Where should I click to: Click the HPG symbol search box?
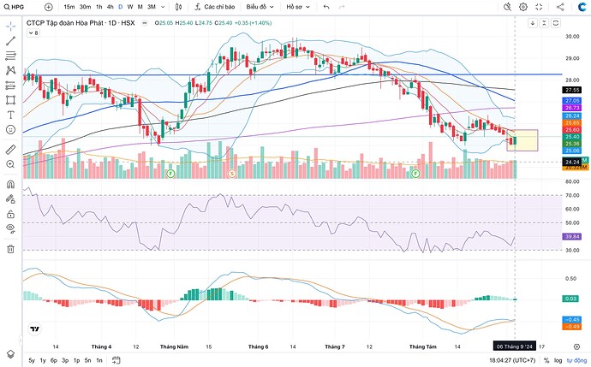pyautogui.click(x=17, y=6)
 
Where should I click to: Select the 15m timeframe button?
pyautogui.click(x=69, y=6)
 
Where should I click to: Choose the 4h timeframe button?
pyautogui.click(x=110, y=6)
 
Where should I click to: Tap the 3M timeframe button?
pyautogui.click(x=151, y=6)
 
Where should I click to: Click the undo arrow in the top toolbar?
pyautogui.click(x=326, y=6)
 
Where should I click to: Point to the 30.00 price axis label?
pyautogui.click(x=572, y=36)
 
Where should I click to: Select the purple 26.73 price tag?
pyautogui.click(x=572, y=108)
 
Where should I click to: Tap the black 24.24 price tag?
pyautogui.click(x=572, y=161)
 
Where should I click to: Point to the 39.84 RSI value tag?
pyautogui.click(x=572, y=236)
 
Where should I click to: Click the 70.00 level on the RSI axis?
pyautogui.click(x=572, y=196)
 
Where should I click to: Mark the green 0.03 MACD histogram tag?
pyautogui.click(x=572, y=298)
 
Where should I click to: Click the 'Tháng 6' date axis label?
pyautogui.click(x=258, y=346)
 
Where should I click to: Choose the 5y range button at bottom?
pyautogui.click(x=32, y=361)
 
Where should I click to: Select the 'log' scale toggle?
pyautogui.click(x=558, y=361)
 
